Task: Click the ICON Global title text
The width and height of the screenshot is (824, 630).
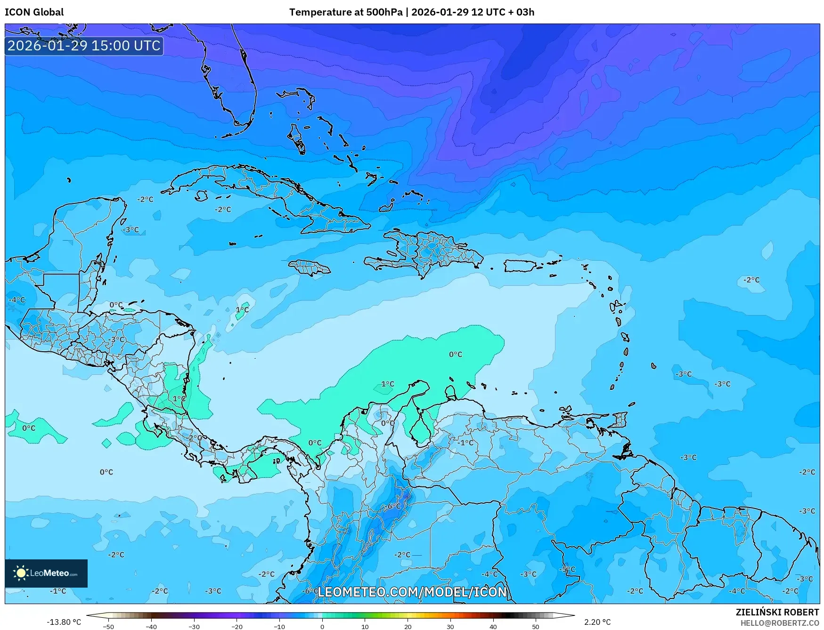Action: pos(34,12)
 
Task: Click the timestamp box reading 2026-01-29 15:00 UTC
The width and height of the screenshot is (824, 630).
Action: pos(84,46)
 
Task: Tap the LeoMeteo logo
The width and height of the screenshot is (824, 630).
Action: pos(46,573)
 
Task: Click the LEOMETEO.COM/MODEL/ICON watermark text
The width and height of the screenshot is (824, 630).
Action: pos(412,592)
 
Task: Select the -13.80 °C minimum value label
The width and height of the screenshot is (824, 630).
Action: pos(64,622)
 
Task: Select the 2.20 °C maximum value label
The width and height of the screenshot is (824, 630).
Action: pos(597,622)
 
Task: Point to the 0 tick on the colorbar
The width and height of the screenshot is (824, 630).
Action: pos(322,626)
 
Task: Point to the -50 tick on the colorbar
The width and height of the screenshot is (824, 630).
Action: pos(108,626)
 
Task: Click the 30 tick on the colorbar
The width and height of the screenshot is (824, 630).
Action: pos(450,626)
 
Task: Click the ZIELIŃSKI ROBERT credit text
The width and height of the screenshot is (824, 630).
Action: pos(777,612)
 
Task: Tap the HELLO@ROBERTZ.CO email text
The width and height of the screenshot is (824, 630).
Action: pos(779,623)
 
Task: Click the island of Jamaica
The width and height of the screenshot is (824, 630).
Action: pos(310,268)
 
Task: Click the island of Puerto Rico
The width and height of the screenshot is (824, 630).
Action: pos(520,266)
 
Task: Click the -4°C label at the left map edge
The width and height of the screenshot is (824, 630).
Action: pos(17,300)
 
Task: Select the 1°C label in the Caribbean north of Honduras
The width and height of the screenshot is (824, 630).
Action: pos(242,309)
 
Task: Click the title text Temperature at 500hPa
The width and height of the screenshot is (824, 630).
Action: pos(346,12)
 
